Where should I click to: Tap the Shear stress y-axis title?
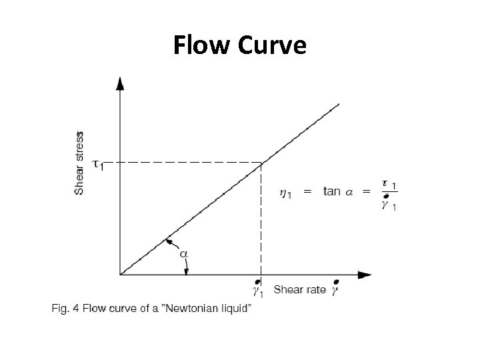79,163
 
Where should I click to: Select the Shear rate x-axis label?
299,289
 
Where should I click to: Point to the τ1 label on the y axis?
97,163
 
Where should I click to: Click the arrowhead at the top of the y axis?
119,84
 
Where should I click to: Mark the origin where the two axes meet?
120,274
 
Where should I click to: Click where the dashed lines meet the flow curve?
261,162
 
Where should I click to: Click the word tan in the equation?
333,191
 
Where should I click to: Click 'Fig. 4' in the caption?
64,308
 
